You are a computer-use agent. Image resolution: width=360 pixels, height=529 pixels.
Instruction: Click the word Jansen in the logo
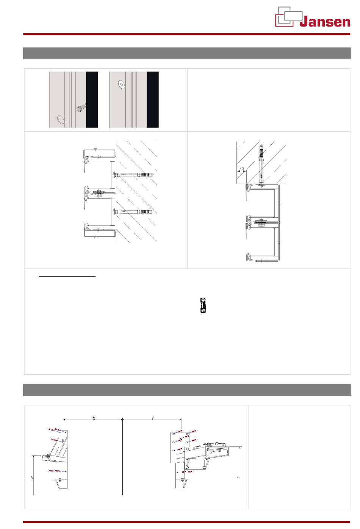tap(325, 22)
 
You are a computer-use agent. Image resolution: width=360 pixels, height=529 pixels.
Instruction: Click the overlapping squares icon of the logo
tap(288, 17)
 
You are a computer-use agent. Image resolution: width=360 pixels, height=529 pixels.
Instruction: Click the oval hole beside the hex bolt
tap(60, 120)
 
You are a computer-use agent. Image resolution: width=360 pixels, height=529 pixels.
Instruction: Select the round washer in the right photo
tap(121, 84)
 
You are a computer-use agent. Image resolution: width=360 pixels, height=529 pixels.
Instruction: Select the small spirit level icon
tap(203, 305)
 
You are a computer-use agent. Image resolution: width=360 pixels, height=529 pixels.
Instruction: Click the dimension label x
tap(94, 418)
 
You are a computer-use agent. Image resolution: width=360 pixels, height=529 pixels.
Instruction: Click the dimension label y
tap(153, 418)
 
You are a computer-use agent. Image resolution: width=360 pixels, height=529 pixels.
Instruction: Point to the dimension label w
tap(32, 478)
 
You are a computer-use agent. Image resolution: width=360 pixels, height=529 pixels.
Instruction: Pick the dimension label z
tap(238, 478)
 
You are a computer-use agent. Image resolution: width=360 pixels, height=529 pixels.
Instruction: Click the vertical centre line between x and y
tap(122, 458)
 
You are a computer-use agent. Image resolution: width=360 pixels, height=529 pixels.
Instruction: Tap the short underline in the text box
tap(67, 277)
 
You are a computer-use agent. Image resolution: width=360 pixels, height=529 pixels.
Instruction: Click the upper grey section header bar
tap(187, 53)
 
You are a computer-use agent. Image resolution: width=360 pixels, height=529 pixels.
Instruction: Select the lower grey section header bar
tap(187, 390)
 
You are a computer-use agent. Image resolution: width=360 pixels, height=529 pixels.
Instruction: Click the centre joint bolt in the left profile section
tap(99, 193)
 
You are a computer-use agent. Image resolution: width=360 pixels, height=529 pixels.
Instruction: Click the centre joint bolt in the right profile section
tap(261, 222)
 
